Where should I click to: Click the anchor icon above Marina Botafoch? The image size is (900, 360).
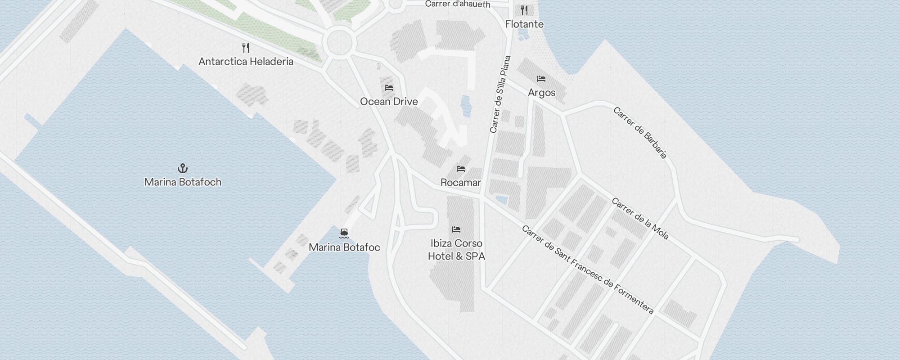coord(183,168)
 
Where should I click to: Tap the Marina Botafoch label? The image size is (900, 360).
coord(183,182)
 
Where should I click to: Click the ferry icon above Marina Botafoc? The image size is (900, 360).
coord(344,233)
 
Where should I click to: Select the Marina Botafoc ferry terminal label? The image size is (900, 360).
coord(344,247)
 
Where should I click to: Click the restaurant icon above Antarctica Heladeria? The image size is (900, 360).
coord(246,48)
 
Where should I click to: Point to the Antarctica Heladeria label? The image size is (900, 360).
coord(246,62)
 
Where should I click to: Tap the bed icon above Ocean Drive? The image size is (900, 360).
coord(389,87)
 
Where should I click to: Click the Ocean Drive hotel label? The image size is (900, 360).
coord(389,102)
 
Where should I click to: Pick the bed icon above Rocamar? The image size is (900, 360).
coord(460,169)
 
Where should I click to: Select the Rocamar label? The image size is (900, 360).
coord(460,183)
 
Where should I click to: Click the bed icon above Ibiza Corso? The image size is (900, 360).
coord(456,229)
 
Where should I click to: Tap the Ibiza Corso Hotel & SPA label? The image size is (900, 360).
coord(456,250)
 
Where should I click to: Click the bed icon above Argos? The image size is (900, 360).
coord(541,79)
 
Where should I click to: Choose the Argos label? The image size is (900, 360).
coord(541,93)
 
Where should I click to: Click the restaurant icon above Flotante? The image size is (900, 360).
coord(524,10)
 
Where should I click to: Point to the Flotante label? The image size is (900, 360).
coord(524,24)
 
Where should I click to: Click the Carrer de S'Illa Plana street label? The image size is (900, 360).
coord(500,94)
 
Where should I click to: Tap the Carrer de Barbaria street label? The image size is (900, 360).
coord(640,133)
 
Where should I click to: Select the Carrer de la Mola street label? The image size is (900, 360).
coord(640,219)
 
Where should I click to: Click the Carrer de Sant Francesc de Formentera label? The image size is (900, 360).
coord(588,270)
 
